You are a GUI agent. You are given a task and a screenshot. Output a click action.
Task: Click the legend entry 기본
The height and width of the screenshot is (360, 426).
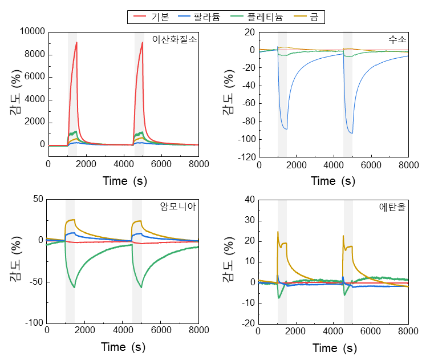[160, 18]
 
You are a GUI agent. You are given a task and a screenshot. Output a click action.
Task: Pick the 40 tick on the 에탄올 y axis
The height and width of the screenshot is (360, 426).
[249, 200]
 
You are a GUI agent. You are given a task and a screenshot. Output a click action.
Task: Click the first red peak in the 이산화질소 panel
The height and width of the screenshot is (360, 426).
[76, 42]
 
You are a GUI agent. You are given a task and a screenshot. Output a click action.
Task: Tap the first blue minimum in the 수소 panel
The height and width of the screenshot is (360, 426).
[287, 130]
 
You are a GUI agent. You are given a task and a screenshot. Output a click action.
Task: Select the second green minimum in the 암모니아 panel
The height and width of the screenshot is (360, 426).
[141, 288]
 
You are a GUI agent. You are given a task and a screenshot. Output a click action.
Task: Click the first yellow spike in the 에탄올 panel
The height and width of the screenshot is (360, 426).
[278, 232]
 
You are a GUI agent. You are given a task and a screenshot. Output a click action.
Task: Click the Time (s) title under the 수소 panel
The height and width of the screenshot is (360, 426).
[332, 181]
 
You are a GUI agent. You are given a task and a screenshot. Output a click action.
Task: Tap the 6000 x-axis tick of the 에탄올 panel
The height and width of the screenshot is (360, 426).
[371, 331]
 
